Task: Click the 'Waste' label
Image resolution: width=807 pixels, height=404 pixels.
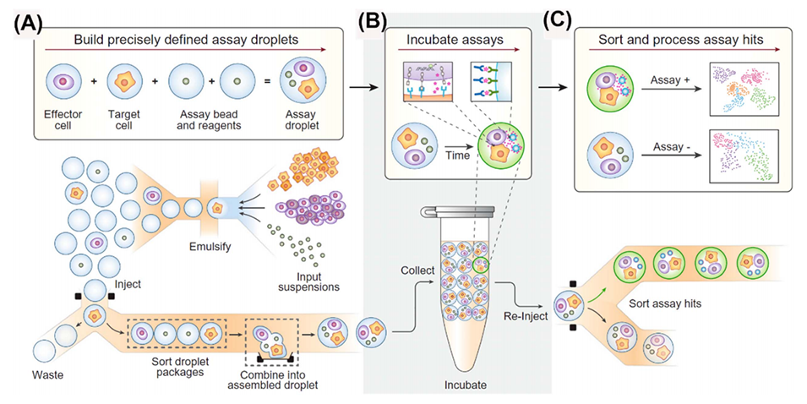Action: click(51, 373)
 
